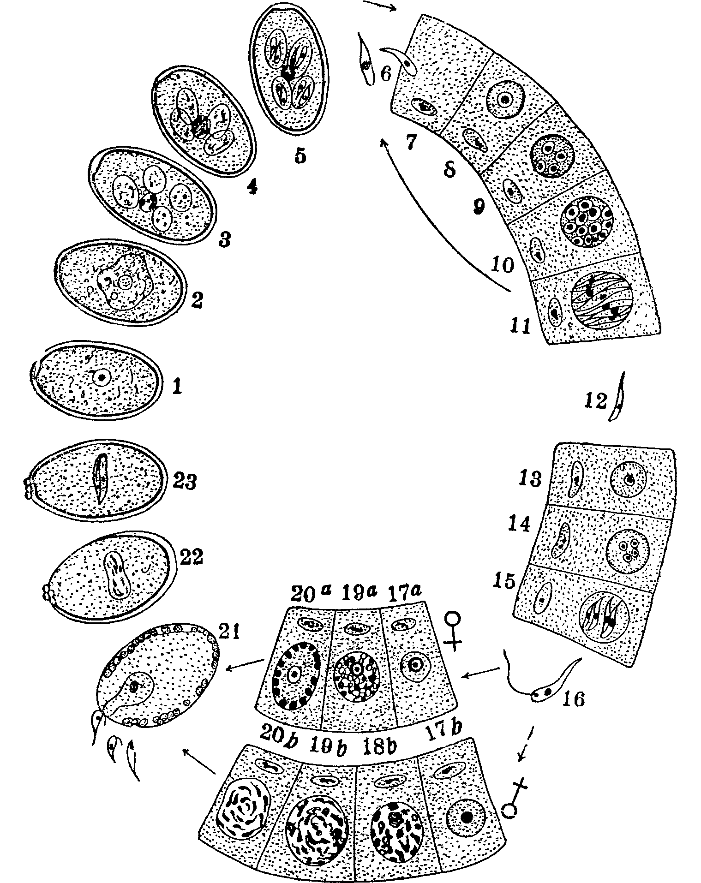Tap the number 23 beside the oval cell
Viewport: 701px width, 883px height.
(185, 483)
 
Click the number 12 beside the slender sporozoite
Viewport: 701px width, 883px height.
(595, 402)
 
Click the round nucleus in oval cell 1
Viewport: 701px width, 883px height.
(101, 377)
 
